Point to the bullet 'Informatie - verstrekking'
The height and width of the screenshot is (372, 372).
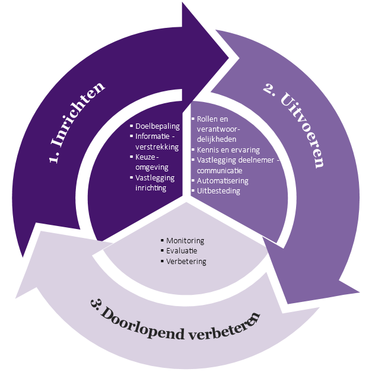point(157,141)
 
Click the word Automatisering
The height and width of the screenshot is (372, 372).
point(222,180)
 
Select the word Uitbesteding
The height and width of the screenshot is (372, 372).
point(218,190)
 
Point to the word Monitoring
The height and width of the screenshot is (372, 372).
point(185,240)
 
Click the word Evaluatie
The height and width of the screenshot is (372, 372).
point(182,250)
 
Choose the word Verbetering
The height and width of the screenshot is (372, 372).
point(186,261)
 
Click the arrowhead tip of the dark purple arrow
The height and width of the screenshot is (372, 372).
point(228,58)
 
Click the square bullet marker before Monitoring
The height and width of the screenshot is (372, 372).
point(163,240)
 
